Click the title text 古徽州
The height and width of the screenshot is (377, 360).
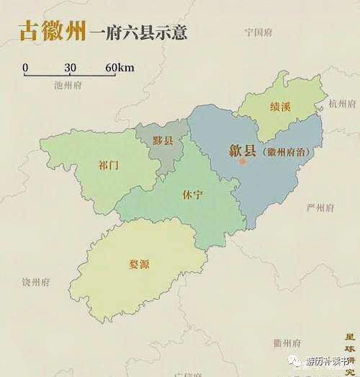pyautogui.click(x=51, y=32)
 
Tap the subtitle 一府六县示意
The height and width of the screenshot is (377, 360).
pyautogui.click(x=139, y=33)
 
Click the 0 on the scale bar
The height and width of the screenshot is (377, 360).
pyautogui.click(x=25, y=68)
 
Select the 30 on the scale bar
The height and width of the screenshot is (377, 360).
pyautogui.click(x=70, y=68)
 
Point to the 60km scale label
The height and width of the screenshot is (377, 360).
pyautogui.click(x=120, y=68)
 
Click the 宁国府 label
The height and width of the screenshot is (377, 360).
pyautogui.click(x=258, y=32)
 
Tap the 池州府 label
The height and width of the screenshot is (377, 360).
pyautogui.click(x=68, y=84)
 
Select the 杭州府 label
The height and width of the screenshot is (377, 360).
pyautogui.click(x=342, y=104)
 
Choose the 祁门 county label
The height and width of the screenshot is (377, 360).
pyautogui.click(x=108, y=165)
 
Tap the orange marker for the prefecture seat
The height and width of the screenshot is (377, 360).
pyautogui.click(x=243, y=161)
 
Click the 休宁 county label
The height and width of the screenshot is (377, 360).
pyautogui.click(x=193, y=195)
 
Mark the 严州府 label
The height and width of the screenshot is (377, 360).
pyautogui.click(x=320, y=208)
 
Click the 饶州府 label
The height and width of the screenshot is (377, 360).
pyautogui.click(x=35, y=282)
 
